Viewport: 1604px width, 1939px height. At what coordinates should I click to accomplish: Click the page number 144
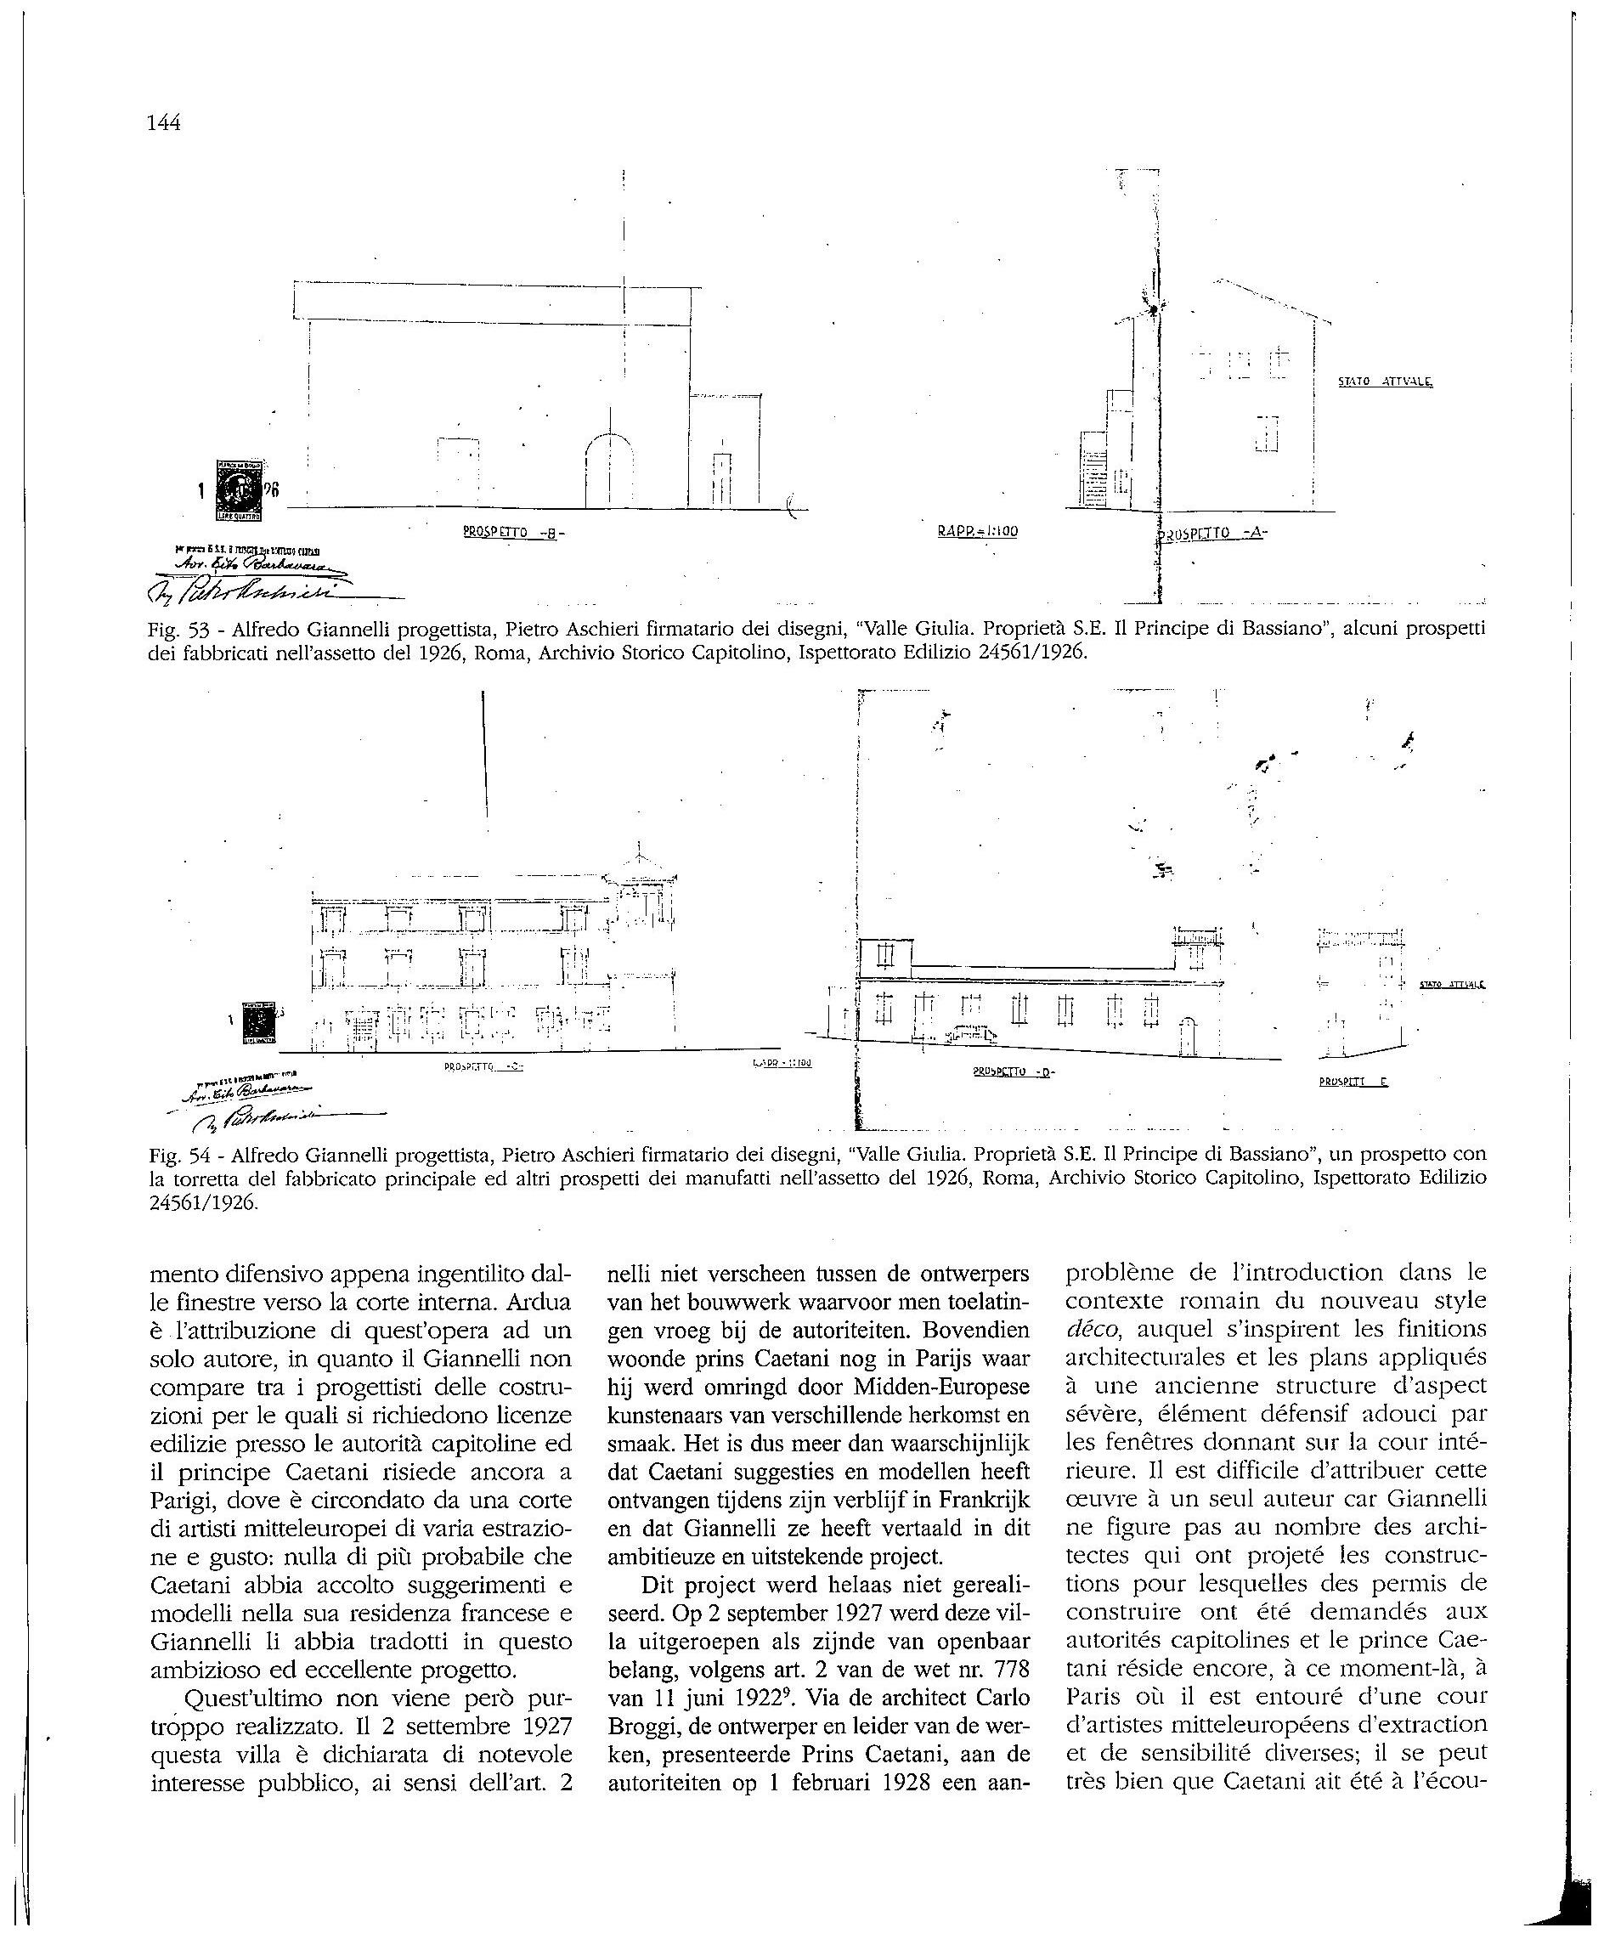coord(163,123)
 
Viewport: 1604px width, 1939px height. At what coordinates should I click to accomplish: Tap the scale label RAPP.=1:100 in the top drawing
coord(977,531)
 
